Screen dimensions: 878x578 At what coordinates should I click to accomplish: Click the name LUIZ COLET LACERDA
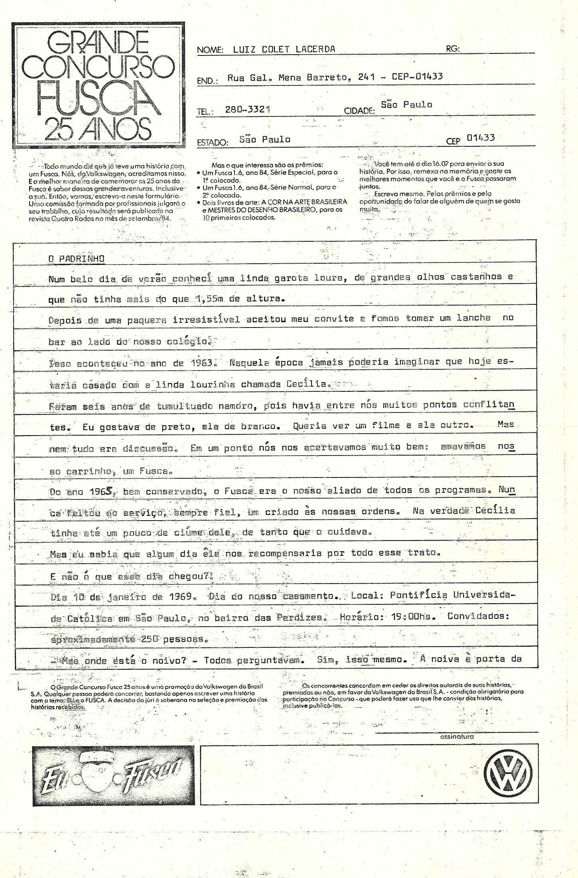(284, 49)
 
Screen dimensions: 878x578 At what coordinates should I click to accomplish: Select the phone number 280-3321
(247, 109)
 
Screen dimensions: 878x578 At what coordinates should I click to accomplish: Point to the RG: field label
(453, 49)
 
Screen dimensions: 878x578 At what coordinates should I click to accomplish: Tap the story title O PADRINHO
(76, 258)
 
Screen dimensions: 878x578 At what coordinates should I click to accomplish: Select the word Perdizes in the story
(299, 618)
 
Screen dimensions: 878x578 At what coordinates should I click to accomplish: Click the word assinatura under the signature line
(457, 737)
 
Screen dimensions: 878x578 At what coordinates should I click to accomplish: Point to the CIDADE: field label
(359, 111)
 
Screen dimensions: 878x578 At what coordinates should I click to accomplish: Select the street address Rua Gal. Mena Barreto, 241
(301, 77)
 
